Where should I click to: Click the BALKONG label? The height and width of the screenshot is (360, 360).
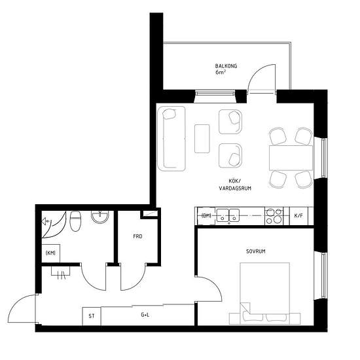click(x=226, y=66)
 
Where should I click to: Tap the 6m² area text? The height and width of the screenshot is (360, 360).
click(x=221, y=72)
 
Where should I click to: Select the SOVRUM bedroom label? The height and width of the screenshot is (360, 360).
click(x=256, y=251)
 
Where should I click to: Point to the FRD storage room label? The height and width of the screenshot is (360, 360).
click(x=137, y=236)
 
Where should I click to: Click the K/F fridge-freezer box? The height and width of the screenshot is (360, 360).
click(x=298, y=216)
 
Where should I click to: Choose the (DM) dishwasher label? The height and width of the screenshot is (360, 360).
click(x=206, y=216)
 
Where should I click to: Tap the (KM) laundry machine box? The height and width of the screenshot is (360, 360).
click(x=51, y=253)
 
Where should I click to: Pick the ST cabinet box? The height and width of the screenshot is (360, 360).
click(x=92, y=316)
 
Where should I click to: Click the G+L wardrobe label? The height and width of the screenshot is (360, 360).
click(x=145, y=315)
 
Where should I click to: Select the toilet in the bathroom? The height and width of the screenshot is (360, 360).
click(x=75, y=221)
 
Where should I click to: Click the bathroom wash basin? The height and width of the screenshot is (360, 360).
click(x=100, y=217)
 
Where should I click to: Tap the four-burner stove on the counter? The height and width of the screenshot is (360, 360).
click(x=274, y=216)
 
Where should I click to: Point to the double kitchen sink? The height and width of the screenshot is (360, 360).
click(x=228, y=215)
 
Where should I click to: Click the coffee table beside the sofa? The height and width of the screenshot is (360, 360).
click(x=202, y=139)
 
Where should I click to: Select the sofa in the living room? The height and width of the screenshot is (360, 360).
click(x=171, y=139)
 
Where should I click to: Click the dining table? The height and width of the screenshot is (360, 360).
click(x=291, y=158)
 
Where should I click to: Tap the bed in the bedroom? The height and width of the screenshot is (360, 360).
click(x=264, y=293)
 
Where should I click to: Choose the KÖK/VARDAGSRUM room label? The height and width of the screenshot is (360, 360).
click(x=235, y=185)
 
